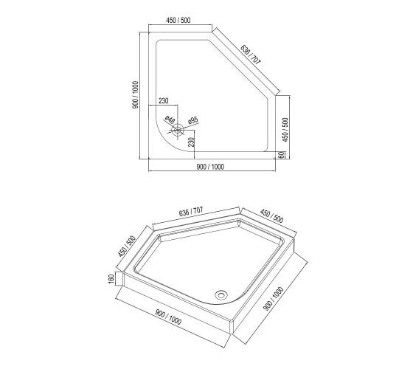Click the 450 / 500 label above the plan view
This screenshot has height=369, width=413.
coord(178,21)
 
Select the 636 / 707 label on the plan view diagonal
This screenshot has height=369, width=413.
coord(251,55)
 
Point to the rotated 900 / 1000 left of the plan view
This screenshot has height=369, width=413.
coord(136,95)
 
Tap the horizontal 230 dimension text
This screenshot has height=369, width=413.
coord(164,100)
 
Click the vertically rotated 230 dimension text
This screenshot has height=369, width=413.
coord(192,142)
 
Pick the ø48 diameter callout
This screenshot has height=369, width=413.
coord(170,120)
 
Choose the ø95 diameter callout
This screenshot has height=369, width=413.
coord(193,120)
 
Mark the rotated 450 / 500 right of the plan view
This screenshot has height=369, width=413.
coord(285,130)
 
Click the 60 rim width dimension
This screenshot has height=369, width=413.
coord(282,155)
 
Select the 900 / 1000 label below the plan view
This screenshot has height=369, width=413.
coord(210,167)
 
